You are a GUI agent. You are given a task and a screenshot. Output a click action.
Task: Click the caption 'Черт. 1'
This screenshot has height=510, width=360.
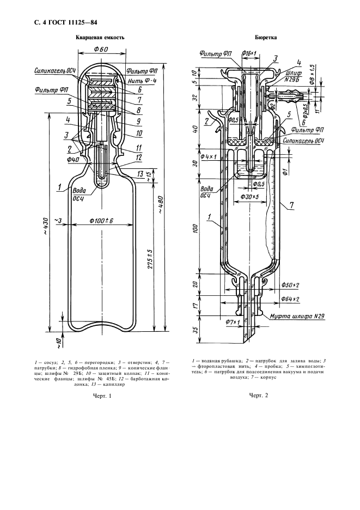point(102,396)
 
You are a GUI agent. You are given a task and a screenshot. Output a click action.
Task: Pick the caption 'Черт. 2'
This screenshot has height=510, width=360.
point(259,396)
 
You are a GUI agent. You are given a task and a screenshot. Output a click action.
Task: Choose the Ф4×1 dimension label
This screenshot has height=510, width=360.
point(208,156)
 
